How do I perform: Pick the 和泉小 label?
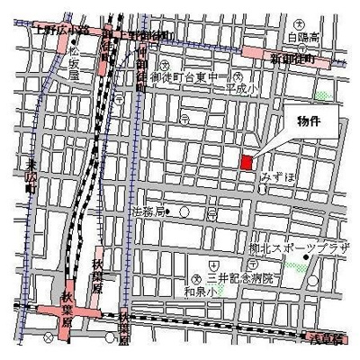(198, 292)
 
